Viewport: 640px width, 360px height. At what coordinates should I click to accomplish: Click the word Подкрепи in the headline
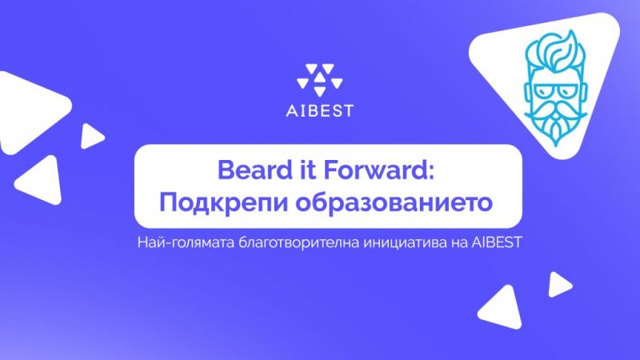point(212,202)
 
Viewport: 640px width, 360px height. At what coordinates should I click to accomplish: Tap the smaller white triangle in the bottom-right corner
point(558,285)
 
